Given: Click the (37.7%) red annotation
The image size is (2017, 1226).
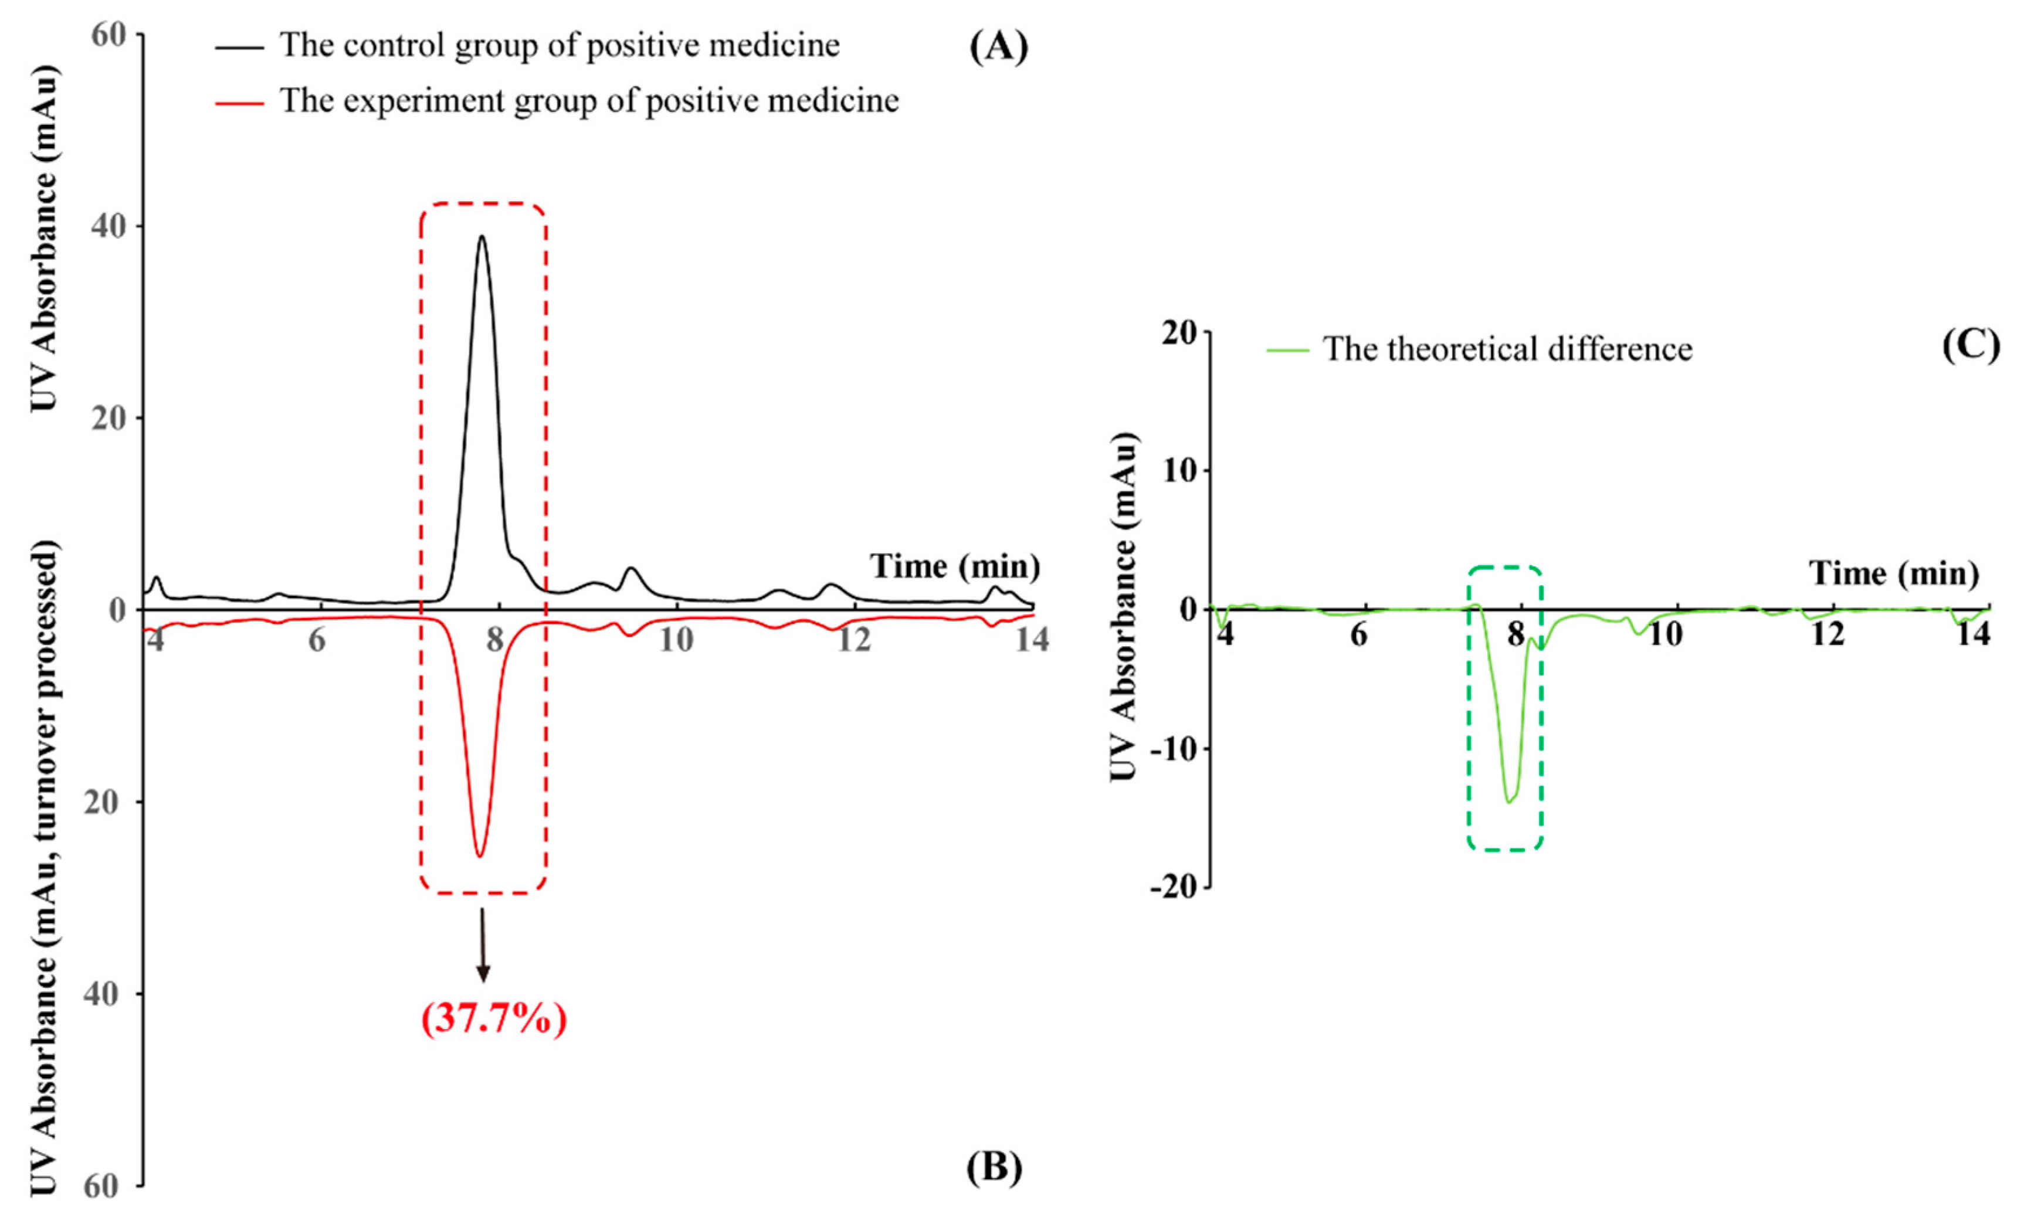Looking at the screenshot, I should point(494,1019).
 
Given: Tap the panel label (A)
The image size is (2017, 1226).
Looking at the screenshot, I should point(998,47).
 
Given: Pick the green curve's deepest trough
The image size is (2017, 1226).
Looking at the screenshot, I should point(1508,802).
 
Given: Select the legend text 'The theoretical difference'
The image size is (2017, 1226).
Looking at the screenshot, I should point(1507,349).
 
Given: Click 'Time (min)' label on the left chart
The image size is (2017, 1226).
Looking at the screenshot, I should point(954,566).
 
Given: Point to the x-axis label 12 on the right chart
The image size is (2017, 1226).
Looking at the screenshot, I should point(1827,635).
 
